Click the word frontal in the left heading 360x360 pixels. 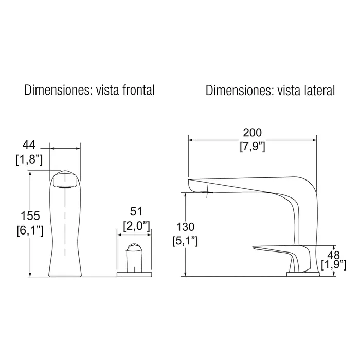138,90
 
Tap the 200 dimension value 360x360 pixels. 253,133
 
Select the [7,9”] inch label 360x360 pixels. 253,146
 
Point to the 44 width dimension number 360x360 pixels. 29,145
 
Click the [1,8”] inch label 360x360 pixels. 29,159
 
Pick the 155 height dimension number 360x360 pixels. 30,216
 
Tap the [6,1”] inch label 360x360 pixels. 30,230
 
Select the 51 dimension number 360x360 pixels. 136,211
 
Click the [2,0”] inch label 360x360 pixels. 136,226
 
